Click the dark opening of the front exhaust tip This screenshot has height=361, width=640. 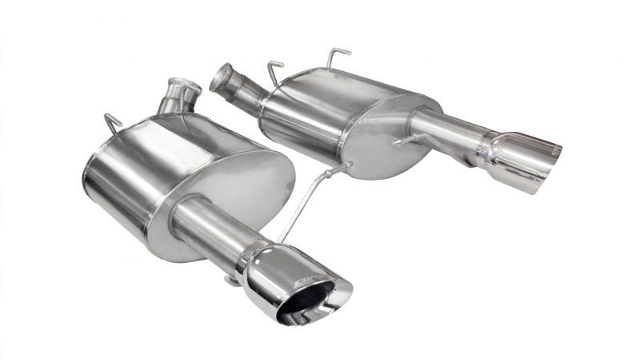point(308,303)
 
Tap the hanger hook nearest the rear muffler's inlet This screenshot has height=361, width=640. point(276,69)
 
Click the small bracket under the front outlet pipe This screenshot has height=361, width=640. point(232,279)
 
